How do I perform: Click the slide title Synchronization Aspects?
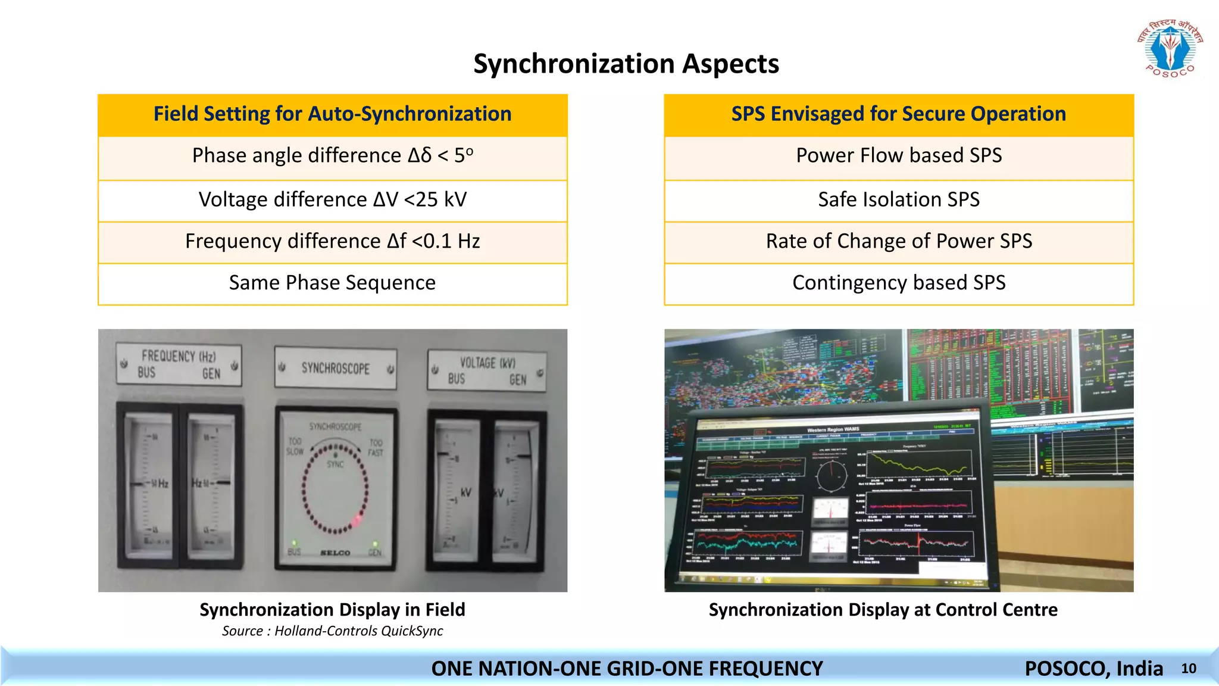coord(626,64)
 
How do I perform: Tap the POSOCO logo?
coord(1170,49)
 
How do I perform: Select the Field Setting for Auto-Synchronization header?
coord(332,114)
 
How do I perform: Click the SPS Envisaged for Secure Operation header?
coord(898,114)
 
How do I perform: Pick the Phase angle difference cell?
coord(332,156)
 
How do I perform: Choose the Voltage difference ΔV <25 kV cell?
coord(332,199)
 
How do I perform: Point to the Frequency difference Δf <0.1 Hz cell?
coord(332,241)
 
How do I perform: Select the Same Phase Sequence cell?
coord(332,283)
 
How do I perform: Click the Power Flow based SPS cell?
coord(898,156)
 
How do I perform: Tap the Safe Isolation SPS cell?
coord(898,199)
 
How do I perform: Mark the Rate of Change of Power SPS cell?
coord(898,241)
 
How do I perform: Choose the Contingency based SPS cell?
coord(898,283)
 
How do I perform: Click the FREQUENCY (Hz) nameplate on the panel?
coord(179,364)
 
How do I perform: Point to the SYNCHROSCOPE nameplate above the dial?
coord(335,369)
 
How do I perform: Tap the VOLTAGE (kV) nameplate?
coord(487,370)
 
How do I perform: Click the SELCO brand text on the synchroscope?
coord(335,553)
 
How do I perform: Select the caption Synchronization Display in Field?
coord(332,610)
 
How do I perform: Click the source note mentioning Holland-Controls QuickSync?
coord(332,631)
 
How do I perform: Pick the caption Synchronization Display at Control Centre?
coord(883,610)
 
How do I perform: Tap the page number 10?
coord(1189,669)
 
